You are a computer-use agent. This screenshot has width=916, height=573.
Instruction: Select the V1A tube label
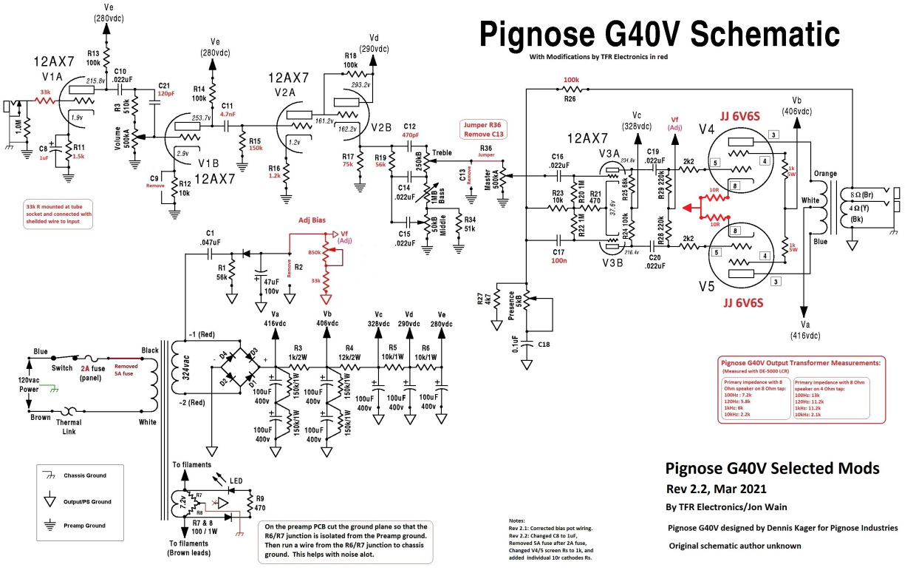pos(52,76)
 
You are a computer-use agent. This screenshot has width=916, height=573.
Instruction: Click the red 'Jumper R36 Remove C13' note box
pos(484,129)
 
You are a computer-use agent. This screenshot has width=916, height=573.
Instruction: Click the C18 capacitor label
pos(545,345)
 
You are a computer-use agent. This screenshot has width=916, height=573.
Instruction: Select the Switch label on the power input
pos(62,367)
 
